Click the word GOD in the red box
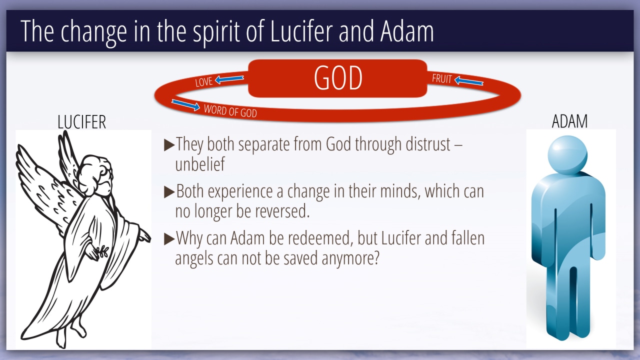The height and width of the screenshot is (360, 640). [x=338, y=78]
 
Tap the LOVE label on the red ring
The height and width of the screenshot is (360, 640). [x=203, y=82]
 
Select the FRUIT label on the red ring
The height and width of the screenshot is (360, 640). [x=441, y=78]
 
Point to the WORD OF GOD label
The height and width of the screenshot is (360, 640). [x=230, y=111]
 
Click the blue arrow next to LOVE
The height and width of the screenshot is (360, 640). [x=229, y=79]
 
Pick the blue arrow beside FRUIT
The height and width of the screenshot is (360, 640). [x=469, y=80]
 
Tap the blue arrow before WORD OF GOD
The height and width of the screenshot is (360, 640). [x=185, y=105]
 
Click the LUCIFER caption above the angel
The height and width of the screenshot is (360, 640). [x=81, y=122]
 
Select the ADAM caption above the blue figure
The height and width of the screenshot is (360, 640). [x=569, y=121]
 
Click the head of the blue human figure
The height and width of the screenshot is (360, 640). [x=567, y=154]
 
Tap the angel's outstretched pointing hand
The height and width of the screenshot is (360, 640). [x=144, y=235]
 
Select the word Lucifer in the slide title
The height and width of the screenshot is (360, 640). [x=301, y=31]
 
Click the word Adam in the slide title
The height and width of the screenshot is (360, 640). [x=407, y=31]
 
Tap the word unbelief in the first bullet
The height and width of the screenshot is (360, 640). [x=200, y=164]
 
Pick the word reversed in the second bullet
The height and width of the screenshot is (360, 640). [x=282, y=211]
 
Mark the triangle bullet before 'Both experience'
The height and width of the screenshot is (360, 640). [x=169, y=192]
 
